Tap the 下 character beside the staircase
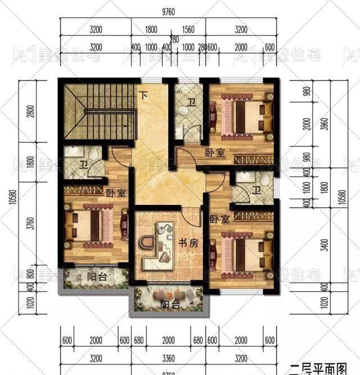pos(143,95)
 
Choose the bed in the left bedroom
pos(92,227)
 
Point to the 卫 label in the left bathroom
pos(83,164)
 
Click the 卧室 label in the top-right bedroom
pos(214,152)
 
